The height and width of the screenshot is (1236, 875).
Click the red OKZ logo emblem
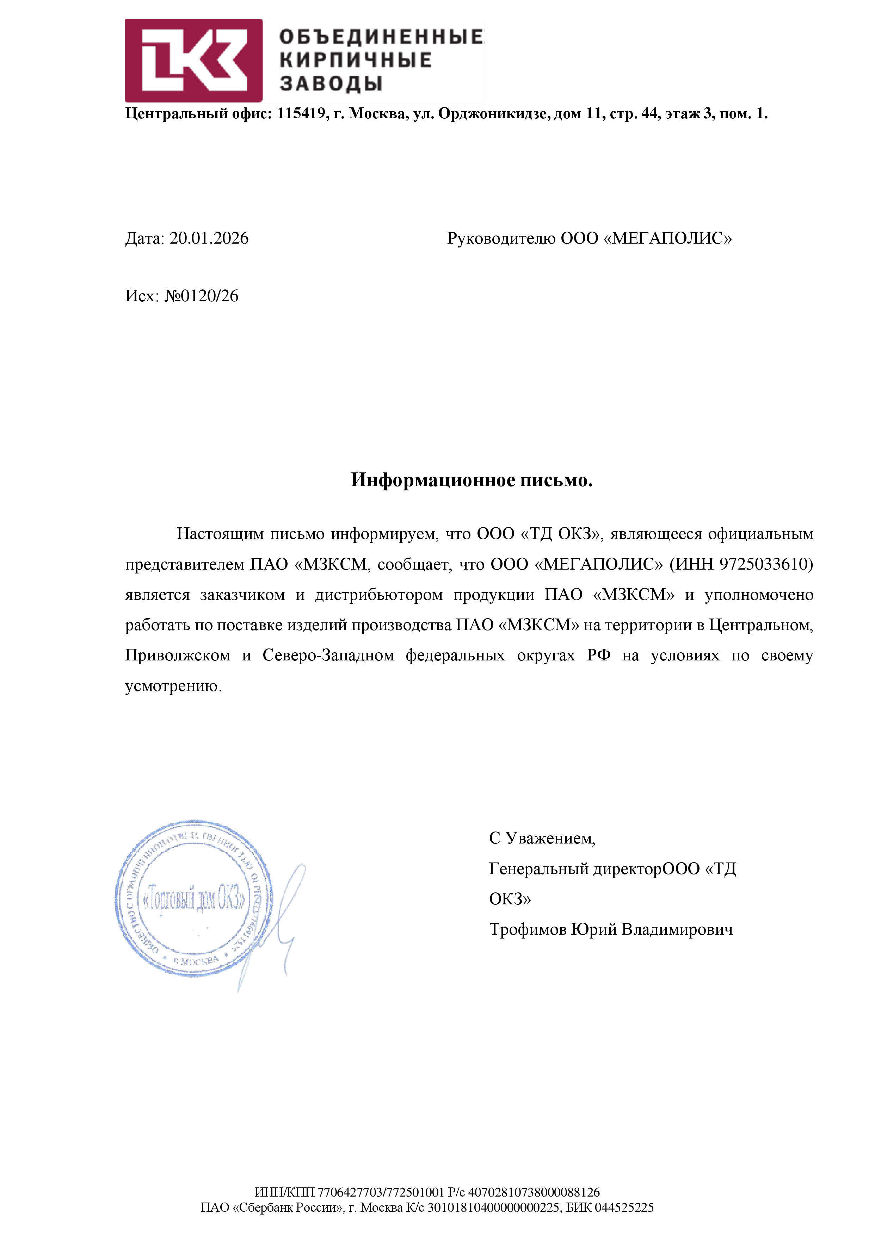pos(193,61)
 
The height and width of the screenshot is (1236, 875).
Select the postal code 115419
pos(301,114)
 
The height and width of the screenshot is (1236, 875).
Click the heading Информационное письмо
pos(472,480)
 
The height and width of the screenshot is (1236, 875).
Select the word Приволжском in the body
pos(177,656)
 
